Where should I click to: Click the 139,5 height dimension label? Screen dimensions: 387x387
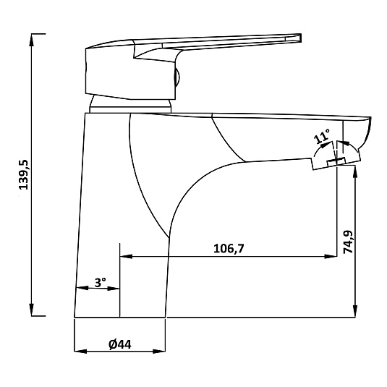24,175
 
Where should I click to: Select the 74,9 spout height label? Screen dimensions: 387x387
348,242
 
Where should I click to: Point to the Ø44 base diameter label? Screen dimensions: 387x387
120,344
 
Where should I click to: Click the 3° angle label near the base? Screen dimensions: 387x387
101,282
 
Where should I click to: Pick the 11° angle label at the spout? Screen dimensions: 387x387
322,136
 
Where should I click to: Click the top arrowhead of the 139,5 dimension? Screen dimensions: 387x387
32,40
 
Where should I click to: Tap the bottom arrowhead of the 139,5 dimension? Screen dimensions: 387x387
32,310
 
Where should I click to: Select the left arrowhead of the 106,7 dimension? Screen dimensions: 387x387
126,257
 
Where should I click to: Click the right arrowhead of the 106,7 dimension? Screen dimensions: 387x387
331,257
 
